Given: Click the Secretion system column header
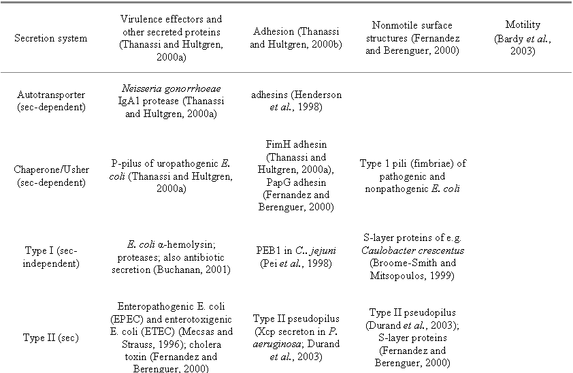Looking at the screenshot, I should coord(51,38).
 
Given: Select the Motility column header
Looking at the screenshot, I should coord(523,38).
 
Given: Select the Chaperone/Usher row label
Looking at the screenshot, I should coord(51,176).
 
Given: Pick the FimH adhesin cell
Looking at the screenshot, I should coord(297,176).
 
